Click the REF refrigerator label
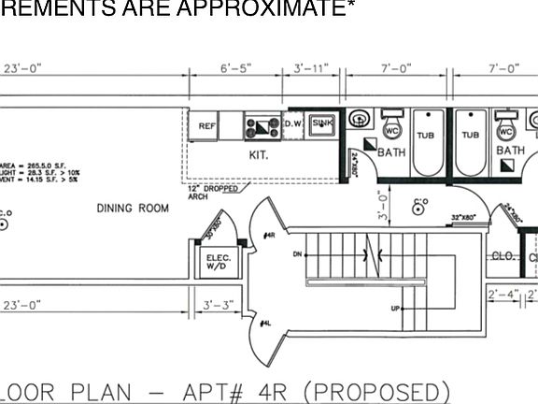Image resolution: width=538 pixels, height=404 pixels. (x=206, y=125)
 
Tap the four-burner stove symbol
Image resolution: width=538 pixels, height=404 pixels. (x=261, y=124)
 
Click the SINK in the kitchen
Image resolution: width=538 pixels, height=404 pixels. (x=321, y=123)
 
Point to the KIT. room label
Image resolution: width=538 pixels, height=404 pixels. (x=258, y=155)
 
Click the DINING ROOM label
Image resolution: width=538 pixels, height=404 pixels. (x=133, y=208)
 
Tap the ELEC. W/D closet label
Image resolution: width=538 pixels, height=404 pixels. (x=219, y=262)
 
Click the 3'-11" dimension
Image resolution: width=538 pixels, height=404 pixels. (x=313, y=68)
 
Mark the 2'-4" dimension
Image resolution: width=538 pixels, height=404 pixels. (x=503, y=295)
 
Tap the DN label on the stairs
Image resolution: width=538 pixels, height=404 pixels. (x=297, y=253)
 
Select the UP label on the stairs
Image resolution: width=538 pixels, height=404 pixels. (x=396, y=308)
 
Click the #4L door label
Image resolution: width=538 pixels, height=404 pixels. (x=266, y=324)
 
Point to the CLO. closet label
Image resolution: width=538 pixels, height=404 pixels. (x=503, y=255)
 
